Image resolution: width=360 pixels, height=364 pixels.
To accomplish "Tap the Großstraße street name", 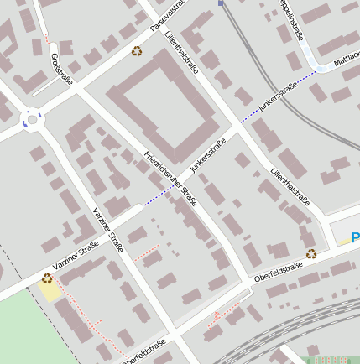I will (x=62, y=69).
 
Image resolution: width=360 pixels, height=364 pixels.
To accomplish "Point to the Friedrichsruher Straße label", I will (x=170, y=179).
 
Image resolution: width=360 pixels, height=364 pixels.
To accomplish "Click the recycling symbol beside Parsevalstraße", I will (x=136, y=51).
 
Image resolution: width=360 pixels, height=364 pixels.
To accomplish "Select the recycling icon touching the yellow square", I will (x=47, y=278).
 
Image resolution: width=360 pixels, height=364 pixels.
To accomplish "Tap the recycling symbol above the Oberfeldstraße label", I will (x=311, y=253).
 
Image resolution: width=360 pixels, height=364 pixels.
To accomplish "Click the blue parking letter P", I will (x=356, y=239).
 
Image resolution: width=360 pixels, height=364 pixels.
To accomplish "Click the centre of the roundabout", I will (x=32, y=120).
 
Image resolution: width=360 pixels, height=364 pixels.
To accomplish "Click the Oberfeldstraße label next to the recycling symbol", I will (x=278, y=270).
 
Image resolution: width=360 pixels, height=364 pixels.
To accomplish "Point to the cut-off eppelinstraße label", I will (x=290, y=18).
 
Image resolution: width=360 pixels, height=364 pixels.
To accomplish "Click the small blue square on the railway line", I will (x=221, y=3).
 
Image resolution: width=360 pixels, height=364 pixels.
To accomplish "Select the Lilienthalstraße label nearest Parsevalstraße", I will (x=181, y=51).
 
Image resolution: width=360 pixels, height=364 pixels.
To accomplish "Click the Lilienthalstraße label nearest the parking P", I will (x=290, y=185).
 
